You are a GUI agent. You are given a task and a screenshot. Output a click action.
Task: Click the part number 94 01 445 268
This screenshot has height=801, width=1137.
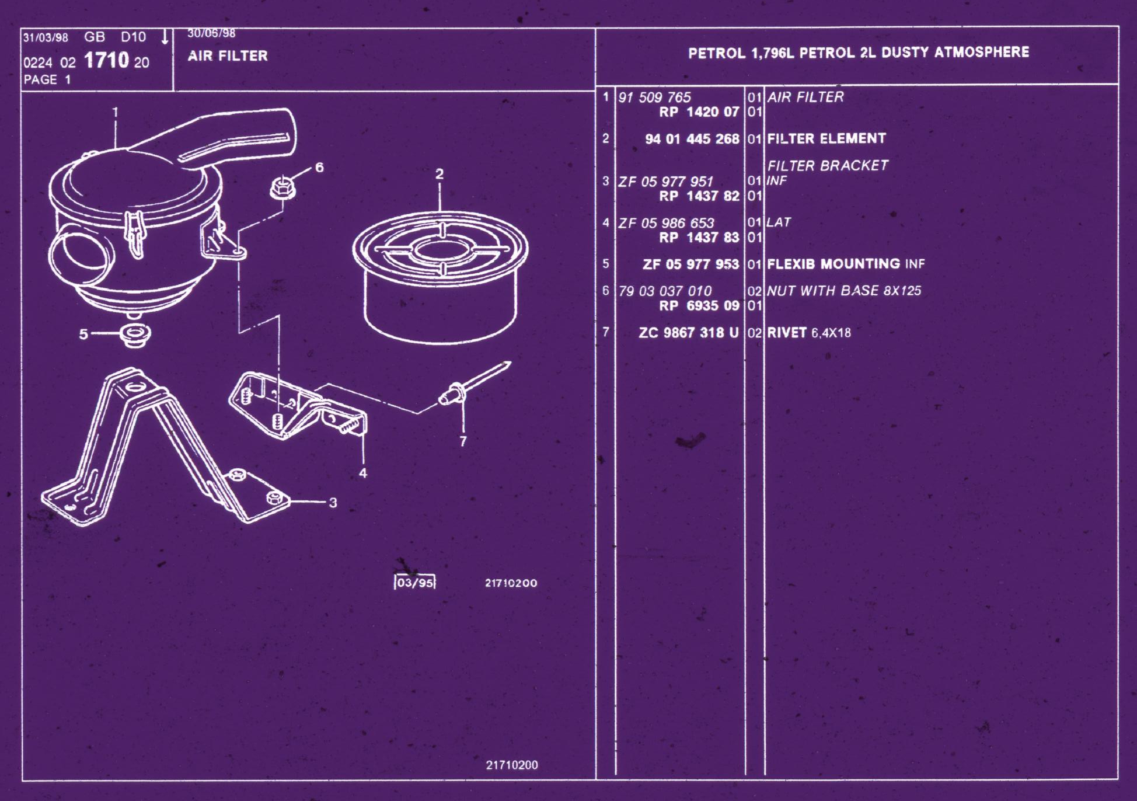tap(692, 139)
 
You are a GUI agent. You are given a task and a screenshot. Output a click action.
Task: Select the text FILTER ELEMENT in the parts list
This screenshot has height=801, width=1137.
tap(826, 138)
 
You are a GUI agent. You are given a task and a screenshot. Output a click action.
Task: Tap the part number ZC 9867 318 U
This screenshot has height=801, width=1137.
tap(689, 333)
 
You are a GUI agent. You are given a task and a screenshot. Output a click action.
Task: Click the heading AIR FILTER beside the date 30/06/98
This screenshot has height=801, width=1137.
tap(228, 56)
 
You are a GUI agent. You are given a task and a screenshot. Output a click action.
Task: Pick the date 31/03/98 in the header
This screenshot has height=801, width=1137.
tap(46, 38)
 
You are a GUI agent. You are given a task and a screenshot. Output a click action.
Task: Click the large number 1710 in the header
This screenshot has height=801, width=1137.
tap(106, 60)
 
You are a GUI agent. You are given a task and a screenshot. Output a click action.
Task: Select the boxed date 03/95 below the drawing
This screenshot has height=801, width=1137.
tap(415, 583)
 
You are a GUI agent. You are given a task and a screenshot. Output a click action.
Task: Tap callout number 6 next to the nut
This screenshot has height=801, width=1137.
tap(319, 168)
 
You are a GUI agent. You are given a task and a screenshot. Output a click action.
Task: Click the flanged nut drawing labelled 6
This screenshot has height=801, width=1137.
tap(283, 188)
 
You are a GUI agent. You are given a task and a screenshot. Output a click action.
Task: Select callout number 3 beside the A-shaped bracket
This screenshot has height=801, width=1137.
tap(333, 503)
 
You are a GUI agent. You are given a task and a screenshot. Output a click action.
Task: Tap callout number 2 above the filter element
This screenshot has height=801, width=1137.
tap(440, 174)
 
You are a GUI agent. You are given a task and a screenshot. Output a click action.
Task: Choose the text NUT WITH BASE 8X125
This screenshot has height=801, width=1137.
tap(844, 291)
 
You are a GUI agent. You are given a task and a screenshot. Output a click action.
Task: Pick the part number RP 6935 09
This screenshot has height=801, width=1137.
tap(699, 306)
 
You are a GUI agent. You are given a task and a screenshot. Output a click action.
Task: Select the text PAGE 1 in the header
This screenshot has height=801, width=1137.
tap(47, 80)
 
